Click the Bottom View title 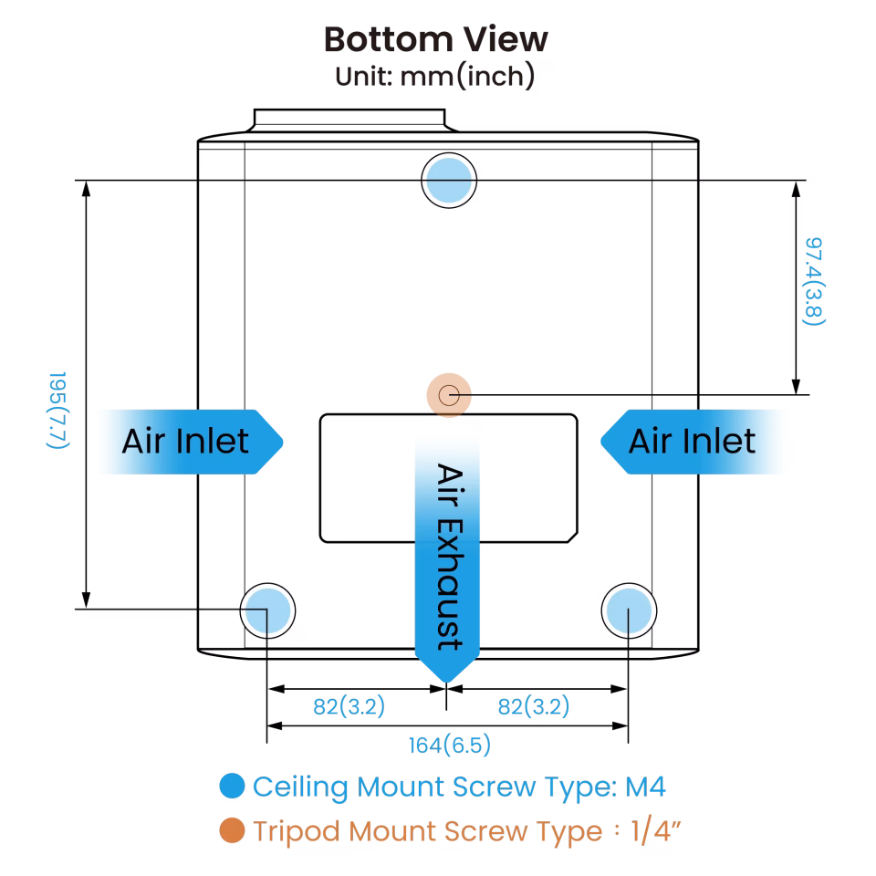click(x=436, y=40)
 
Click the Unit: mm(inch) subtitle click(x=434, y=77)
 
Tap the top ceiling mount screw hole click(x=449, y=181)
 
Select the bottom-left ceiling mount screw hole click(x=267, y=610)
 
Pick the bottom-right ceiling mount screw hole click(x=629, y=610)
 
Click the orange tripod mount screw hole click(x=449, y=396)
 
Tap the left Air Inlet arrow click(x=188, y=442)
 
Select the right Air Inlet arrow click(x=695, y=442)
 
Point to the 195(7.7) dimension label click(x=57, y=416)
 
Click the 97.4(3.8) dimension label click(x=814, y=281)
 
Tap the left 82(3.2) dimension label click(x=349, y=706)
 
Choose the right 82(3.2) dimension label click(x=534, y=706)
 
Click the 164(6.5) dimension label click(x=450, y=746)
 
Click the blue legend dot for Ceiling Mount click(x=233, y=787)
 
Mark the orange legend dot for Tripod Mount click(x=233, y=830)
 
